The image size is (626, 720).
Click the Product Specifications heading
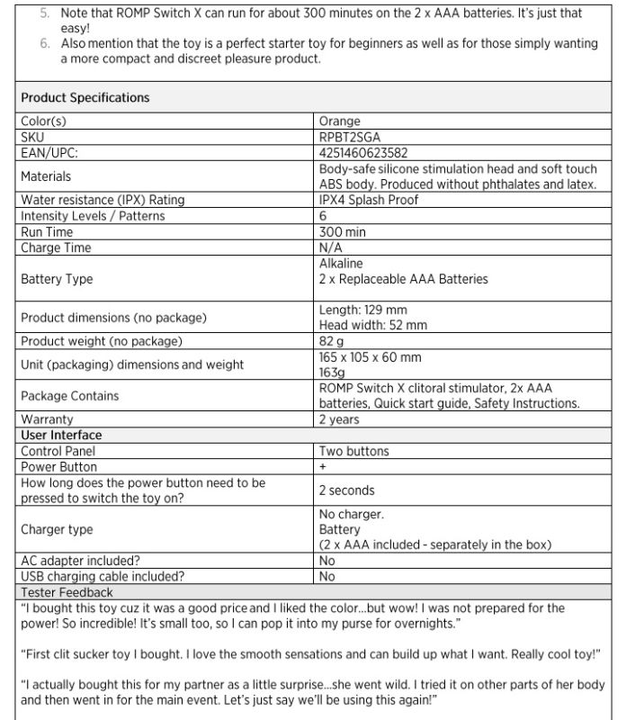tap(85, 97)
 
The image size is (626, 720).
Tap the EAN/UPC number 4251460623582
tap(363, 153)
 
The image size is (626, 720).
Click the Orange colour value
tap(339, 121)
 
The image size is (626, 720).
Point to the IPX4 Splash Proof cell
tap(369, 200)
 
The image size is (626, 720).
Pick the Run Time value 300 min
tap(343, 231)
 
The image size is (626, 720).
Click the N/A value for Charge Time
tap(331, 247)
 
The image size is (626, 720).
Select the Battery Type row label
tap(57, 279)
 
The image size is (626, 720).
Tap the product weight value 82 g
tap(332, 341)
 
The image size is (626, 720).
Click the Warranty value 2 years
tap(339, 419)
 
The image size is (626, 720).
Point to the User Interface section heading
tap(61, 435)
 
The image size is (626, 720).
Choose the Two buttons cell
tap(354, 451)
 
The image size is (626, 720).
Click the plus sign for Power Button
tap(323, 467)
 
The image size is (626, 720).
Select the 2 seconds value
tap(347, 490)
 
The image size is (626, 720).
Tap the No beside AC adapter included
tap(326, 561)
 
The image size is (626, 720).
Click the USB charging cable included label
tap(103, 576)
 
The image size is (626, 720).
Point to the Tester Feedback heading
tap(67, 592)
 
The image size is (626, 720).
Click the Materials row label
tap(46, 176)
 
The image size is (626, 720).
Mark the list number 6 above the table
tap(46, 43)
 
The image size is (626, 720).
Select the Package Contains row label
tap(69, 396)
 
